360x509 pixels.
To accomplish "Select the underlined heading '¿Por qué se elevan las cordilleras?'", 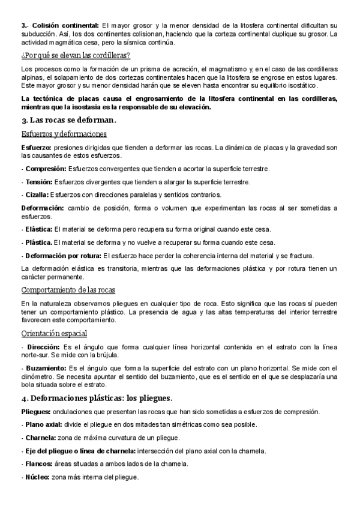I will (x=76, y=56).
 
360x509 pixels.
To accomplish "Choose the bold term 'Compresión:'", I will (x=46, y=169).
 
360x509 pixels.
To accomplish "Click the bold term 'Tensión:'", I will (x=38, y=182).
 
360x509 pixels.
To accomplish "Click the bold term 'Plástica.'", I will (x=38, y=242).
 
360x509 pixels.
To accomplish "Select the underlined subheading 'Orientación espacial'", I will (x=54, y=334).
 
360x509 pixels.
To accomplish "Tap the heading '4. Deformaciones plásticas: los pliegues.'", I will (x=96, y=399).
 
